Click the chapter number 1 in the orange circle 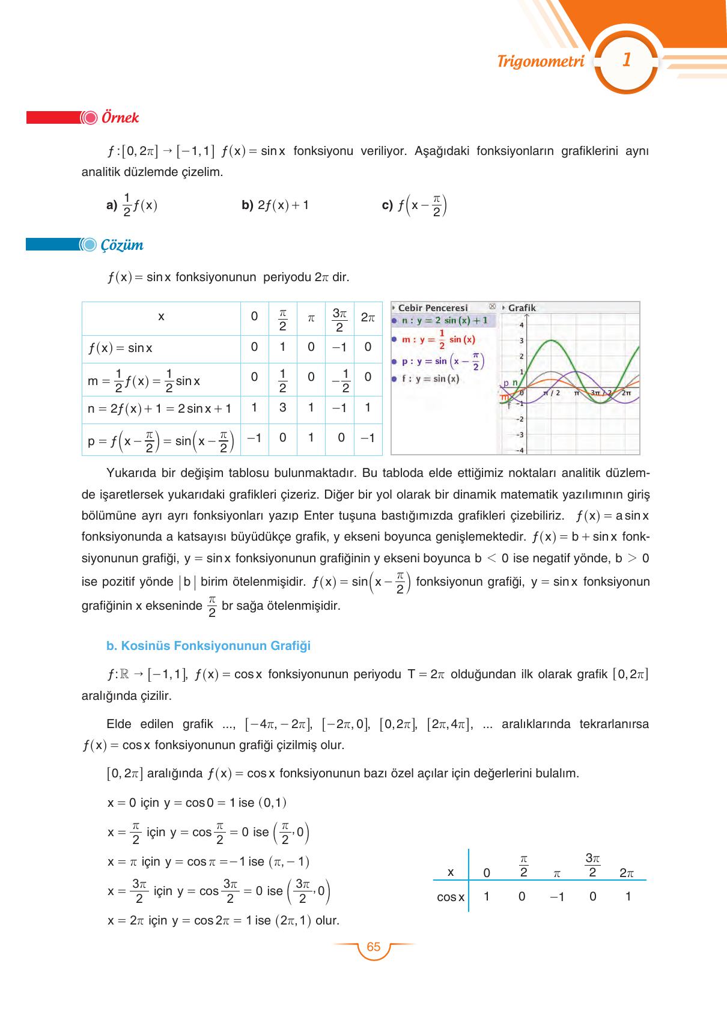click(x=626, y=61)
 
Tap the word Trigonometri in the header click(x=541, y=61)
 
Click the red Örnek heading click(x=120, y=118)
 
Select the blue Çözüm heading click(x=122, y=245)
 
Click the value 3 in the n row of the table click(x=282, y=407)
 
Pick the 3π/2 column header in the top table click(x=339, y=319)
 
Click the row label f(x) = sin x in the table click(x=120, y=348)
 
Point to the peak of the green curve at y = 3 click(x=552, y=341)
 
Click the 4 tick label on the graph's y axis click(x=522, y=325)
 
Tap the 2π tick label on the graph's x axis click(x=626, y=393)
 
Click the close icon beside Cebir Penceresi click(x=493, y=307)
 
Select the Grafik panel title click(x=522, y=308)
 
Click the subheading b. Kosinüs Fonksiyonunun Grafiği click(x=208, y=646)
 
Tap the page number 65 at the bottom click(x=373, y=947)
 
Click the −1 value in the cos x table click(x=557, y=897)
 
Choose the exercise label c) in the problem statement click(x=388, y=205)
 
